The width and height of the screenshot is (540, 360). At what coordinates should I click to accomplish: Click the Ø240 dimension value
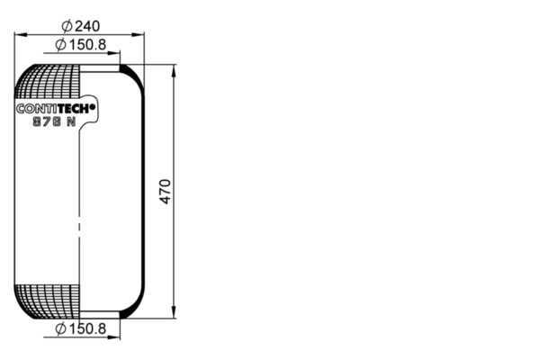coord(81,26)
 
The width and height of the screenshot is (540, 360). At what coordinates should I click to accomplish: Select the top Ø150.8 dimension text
coord(81,45)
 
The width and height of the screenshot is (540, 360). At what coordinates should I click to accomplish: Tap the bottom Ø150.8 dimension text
coord(81,329)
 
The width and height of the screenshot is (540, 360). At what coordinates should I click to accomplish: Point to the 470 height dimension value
coord(166,192)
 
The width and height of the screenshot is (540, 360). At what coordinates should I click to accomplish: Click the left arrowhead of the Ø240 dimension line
coord(21,34)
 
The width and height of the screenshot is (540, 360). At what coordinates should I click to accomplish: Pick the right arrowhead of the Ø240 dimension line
coord(138,34)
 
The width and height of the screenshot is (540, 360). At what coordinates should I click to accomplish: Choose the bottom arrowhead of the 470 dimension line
coord(174,312)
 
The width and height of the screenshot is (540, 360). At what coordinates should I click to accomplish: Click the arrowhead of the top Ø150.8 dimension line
coord(113,53)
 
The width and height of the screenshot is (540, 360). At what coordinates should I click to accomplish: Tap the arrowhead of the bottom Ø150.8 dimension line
coord(113,337)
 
